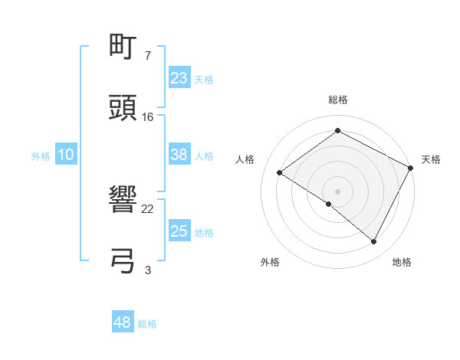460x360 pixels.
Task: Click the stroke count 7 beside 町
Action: pos(147,56)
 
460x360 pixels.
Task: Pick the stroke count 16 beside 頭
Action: pos(148,116)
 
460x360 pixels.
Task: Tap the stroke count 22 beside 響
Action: pos(148,208)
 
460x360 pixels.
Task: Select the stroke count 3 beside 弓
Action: pos(148,269)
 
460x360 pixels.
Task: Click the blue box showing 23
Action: pos(179,78)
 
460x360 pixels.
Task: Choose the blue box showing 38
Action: pos(179,155)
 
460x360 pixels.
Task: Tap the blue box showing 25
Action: pos(179,231)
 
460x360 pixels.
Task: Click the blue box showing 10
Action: pos(66,155)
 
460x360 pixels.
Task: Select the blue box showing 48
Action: pos(123,322)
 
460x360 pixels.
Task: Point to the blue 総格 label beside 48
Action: pos(147,324)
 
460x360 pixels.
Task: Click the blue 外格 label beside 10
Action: pos(41,156)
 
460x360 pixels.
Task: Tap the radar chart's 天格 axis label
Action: pos(431,159)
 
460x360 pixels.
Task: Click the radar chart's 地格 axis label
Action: pos(402,262)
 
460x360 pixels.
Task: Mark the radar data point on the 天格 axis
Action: pos(411,168)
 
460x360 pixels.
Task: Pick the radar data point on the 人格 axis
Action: pos(280,172)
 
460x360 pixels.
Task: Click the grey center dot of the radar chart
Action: pos(337,191)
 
